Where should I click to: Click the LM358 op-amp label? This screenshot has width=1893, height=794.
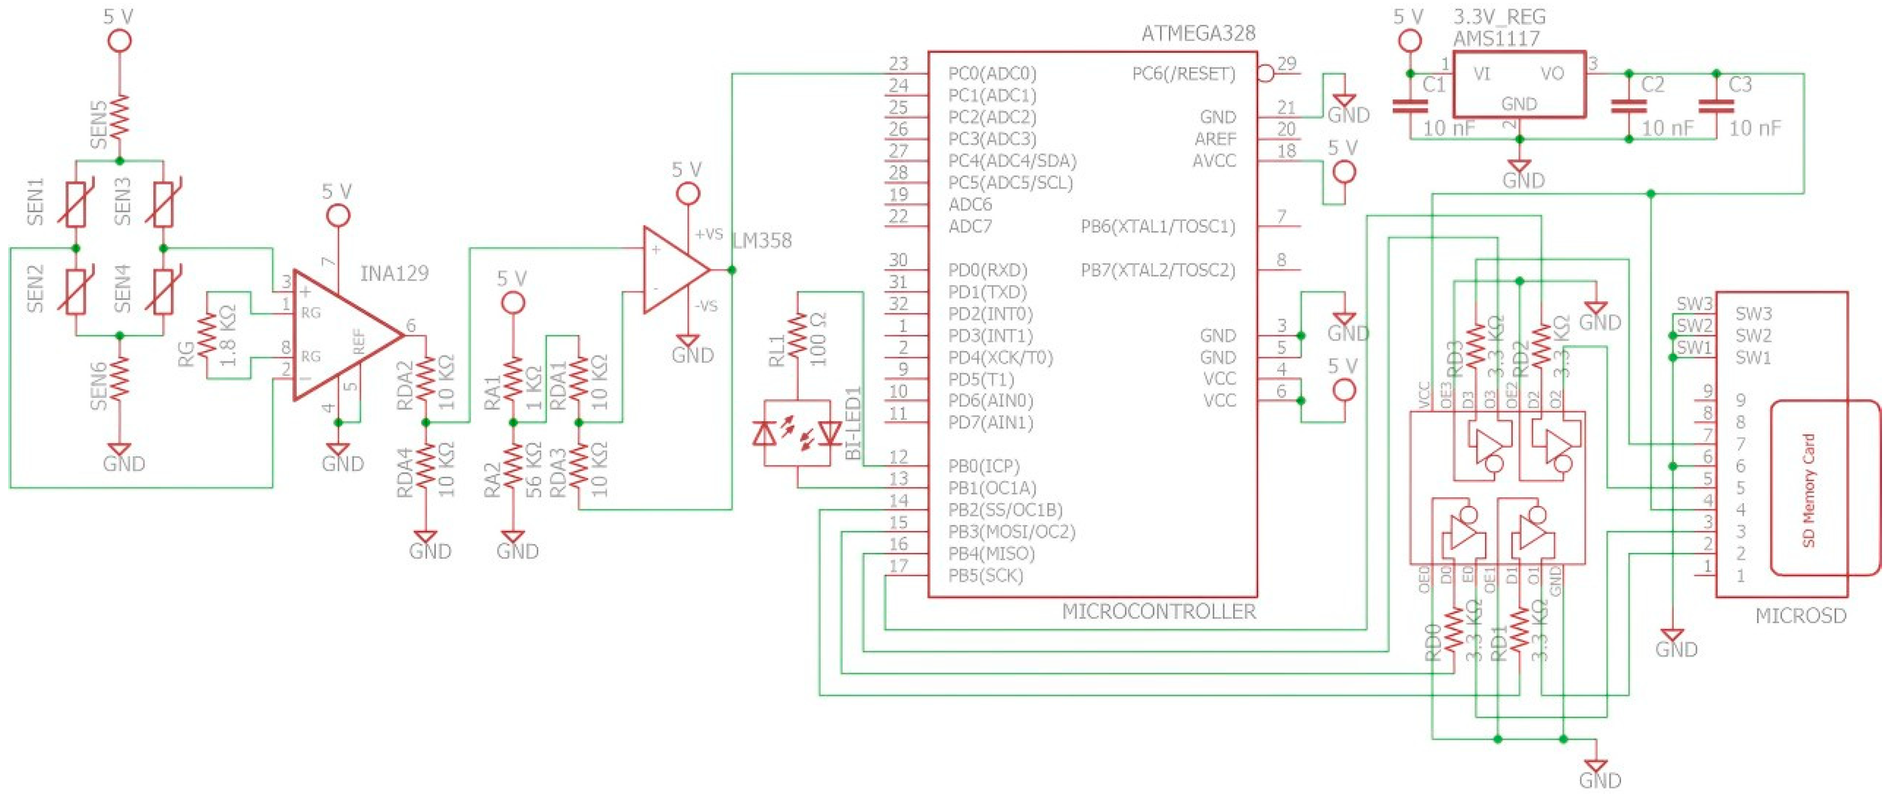click(x=762, y=241)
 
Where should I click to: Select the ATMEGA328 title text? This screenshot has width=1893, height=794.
click(x=1198, y=33)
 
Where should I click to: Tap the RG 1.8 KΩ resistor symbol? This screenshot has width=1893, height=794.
click(x=207, y=335)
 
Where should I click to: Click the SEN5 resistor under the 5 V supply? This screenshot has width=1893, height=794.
click(x=120, y=117)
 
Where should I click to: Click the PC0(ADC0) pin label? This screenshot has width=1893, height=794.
click(x=991, y=73)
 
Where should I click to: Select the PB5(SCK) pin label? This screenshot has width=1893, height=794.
click(x=985, y=575)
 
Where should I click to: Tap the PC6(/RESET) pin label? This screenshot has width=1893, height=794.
click(x=1183, y=73)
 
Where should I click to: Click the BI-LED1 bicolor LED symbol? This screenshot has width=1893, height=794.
click(x=798, y=433)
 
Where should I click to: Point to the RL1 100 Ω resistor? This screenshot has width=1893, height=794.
click(x=798, y=335)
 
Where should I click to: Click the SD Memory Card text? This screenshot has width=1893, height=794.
click(x=1809, y=490)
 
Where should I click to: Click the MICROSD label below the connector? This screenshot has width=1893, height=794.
click(x=1800, y=615)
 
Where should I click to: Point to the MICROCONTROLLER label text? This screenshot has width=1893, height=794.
click(x=1158, y=611)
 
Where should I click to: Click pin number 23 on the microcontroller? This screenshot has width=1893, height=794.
click(x=898, y=64)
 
